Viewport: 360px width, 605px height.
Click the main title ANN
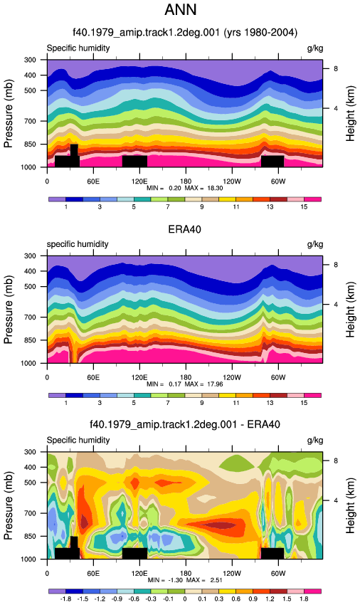click(x=180, y=10)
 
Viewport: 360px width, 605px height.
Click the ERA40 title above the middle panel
click(x=184, y=229)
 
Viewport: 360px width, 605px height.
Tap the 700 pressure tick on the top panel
click(x=31, y=121)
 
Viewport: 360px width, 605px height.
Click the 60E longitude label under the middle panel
click(x=93, y=377)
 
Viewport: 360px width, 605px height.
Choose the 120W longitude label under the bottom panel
click(x=231, y=574)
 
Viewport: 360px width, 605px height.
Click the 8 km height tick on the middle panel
click(x=336, y=265)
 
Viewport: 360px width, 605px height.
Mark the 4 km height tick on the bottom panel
click(x=336, y=500)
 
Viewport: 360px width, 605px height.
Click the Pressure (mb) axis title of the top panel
click(x=9, y=113)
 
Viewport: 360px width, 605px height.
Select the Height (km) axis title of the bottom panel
click(x=350, y=506)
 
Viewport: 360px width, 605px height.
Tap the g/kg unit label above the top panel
click(x=315, y=48)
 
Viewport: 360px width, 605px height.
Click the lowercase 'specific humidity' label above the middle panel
click(x=78, y=244)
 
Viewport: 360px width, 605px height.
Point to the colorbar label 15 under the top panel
click(x=304, y=207)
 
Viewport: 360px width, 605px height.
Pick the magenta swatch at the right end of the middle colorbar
click(x=312, y=396)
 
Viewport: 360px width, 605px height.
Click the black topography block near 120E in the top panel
click(x=134, y=162)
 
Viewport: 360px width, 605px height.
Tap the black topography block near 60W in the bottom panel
click(x=272, y=553)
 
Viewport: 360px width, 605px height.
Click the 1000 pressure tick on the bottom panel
click(x=29, y=559)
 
